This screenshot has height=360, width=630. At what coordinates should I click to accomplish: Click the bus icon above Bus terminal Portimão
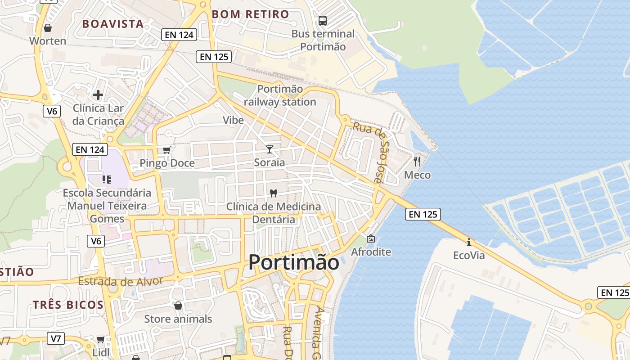pos(323,20)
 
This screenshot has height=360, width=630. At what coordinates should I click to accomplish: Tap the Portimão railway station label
pos(280,95)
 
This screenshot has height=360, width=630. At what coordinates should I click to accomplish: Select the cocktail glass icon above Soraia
pos(270,149)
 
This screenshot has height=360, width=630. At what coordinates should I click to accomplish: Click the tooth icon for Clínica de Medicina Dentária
pos(273,193)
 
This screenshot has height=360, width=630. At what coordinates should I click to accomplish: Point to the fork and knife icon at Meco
pos(417,162)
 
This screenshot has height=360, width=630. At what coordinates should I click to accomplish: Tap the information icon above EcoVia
pos(469,242)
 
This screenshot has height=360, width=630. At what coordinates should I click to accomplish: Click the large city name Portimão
pos(294,262)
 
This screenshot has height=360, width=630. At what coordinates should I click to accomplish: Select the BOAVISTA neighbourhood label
pos(113,24)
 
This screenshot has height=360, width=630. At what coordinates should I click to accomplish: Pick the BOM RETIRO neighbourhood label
pos(250,14)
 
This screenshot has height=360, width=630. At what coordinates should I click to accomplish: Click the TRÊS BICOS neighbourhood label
pos(68,305)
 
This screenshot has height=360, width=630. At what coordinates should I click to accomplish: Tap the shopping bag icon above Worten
pos(48,28)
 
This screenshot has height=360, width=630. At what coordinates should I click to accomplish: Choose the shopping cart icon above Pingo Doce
pos(167,150)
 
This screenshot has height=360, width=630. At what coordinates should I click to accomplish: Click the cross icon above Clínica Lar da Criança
pos(98,95)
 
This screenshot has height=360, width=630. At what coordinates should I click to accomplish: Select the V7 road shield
pos(56,338)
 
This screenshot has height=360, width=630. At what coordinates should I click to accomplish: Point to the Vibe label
pos(233,120)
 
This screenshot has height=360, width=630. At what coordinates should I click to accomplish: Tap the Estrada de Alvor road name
pos(121,281)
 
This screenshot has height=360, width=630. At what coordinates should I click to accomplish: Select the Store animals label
pos(178,319)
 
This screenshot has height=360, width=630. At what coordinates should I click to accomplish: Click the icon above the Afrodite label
pos(370,238)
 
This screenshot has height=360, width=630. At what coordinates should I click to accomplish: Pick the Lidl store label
pos(101,352)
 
